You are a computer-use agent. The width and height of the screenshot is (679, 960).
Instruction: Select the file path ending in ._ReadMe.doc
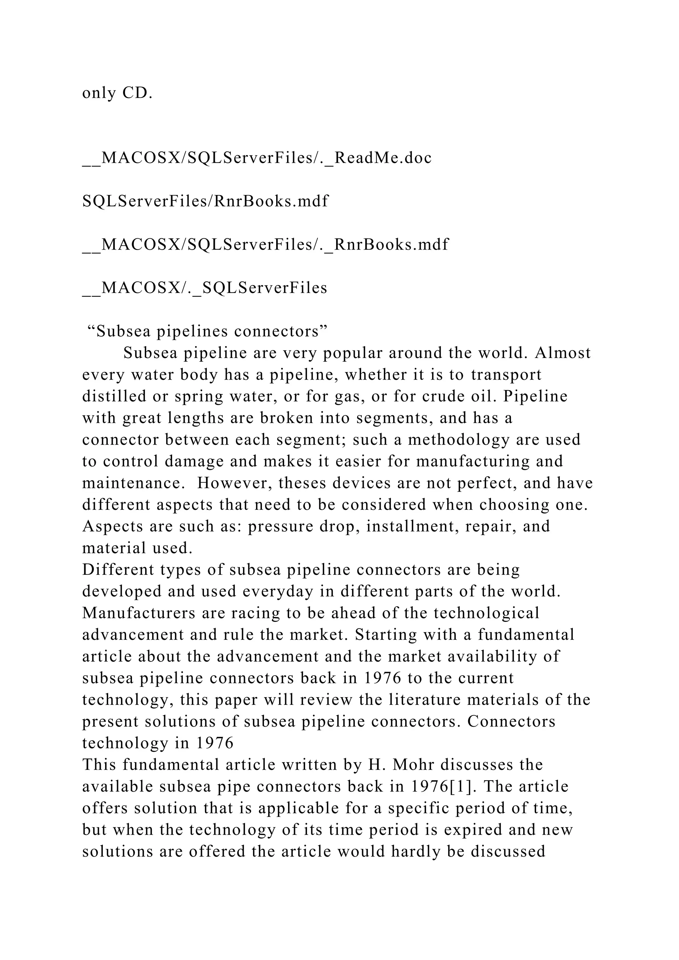point(257,158)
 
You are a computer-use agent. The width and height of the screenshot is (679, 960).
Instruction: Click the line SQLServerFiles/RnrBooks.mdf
point(205,201)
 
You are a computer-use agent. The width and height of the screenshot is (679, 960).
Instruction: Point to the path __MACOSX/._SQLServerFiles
point(205,288)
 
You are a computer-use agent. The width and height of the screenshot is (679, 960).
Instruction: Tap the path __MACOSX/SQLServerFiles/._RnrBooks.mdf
point(265,244)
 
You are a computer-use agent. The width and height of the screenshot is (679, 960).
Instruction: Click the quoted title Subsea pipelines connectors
point(207,331)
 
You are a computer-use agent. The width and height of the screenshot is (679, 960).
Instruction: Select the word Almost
point(563,353)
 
